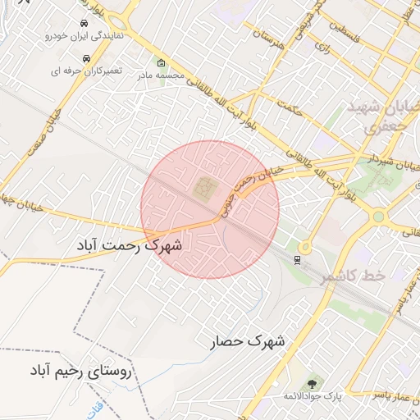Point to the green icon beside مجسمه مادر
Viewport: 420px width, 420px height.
(160, 63)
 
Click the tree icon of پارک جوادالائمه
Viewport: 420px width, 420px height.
(312, 383)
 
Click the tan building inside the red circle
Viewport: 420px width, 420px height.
(203, 189)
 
